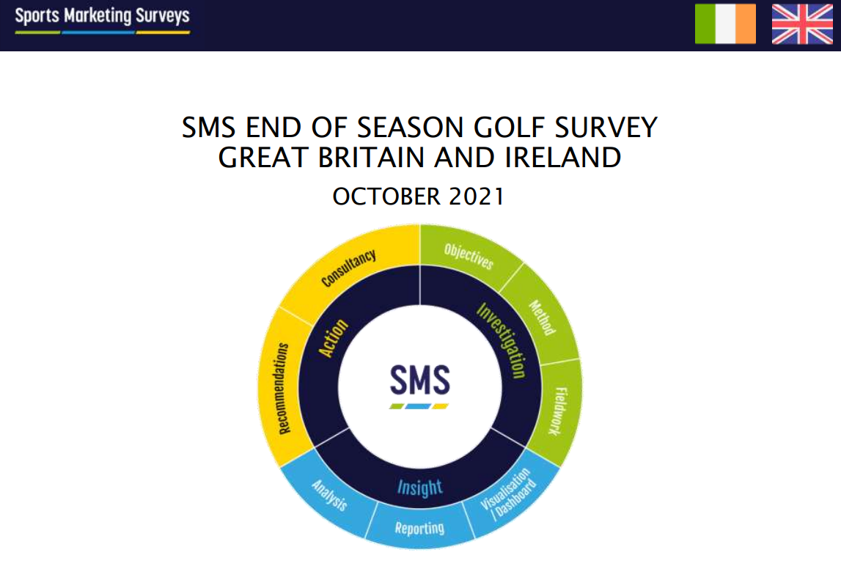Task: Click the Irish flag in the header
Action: (x=725, y=23)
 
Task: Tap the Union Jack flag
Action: (x=802, y=23)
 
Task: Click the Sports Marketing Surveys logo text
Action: (x=102, y=15)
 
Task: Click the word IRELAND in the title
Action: (x=562, y=157)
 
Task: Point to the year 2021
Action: (x=477, y=197)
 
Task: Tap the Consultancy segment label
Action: (x=348, y=268)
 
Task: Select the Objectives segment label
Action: (x=469, y=257)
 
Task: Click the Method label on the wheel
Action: (x=543, y=317)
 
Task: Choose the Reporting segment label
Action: (x=419, y=528)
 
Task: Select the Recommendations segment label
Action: (x=284, y=389)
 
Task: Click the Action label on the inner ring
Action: (x=333, y=338)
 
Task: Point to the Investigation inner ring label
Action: (x=501, y=340)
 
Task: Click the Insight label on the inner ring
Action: (x=420, y=488)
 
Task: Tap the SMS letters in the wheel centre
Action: (x=420, y=380)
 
